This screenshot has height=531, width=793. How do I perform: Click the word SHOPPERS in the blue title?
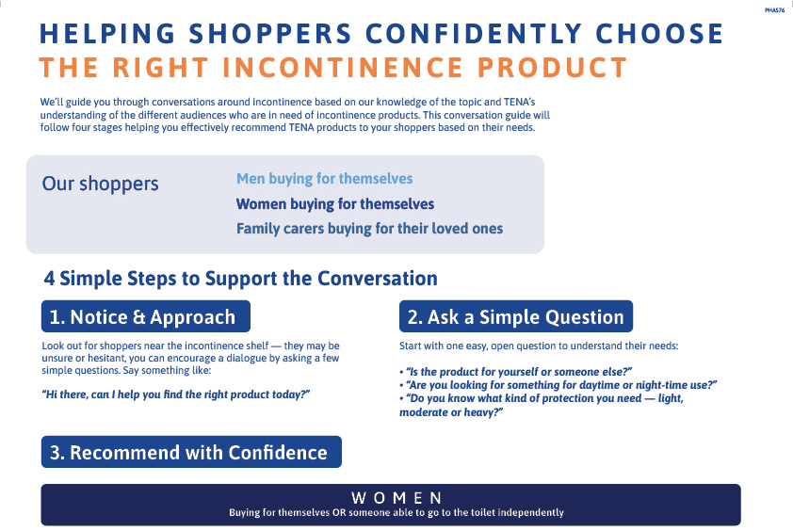[x=270, y=34]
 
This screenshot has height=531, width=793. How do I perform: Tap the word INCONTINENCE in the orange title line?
[x=343, y=68]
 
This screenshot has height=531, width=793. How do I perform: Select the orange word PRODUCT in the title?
[x=552, y=68]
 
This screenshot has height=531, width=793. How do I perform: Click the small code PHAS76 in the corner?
[x=774, y=10]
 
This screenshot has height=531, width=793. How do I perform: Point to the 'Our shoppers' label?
[x=100, y=185]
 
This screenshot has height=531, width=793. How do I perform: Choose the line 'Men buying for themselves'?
[x=325, y=179]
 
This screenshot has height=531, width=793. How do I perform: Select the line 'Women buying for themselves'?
[x=335, y=203]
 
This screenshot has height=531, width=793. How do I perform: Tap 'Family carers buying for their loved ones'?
[x=370, y=229]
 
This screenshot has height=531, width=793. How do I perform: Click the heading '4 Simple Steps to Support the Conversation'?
[x=241, y=279]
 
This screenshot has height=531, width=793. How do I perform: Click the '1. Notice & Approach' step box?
[x=146, y=316]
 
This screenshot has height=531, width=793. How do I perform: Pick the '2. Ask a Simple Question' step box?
[x=516, y=316]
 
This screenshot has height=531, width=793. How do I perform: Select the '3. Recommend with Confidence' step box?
[x=191, y=452]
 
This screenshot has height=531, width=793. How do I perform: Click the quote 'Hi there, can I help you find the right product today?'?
[x=176, y=394]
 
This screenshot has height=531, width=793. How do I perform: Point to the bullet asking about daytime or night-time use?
[x=558, y=385]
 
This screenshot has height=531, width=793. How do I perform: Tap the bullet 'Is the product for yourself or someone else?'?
[x=516, y=372]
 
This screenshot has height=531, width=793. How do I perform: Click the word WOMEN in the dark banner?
[x=397, y=498]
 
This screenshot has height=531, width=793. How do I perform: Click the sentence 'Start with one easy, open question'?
[x=539, y=346]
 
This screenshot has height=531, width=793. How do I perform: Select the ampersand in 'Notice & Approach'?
[x=138, y=317]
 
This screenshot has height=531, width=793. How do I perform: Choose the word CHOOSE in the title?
[x=659, y=34]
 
